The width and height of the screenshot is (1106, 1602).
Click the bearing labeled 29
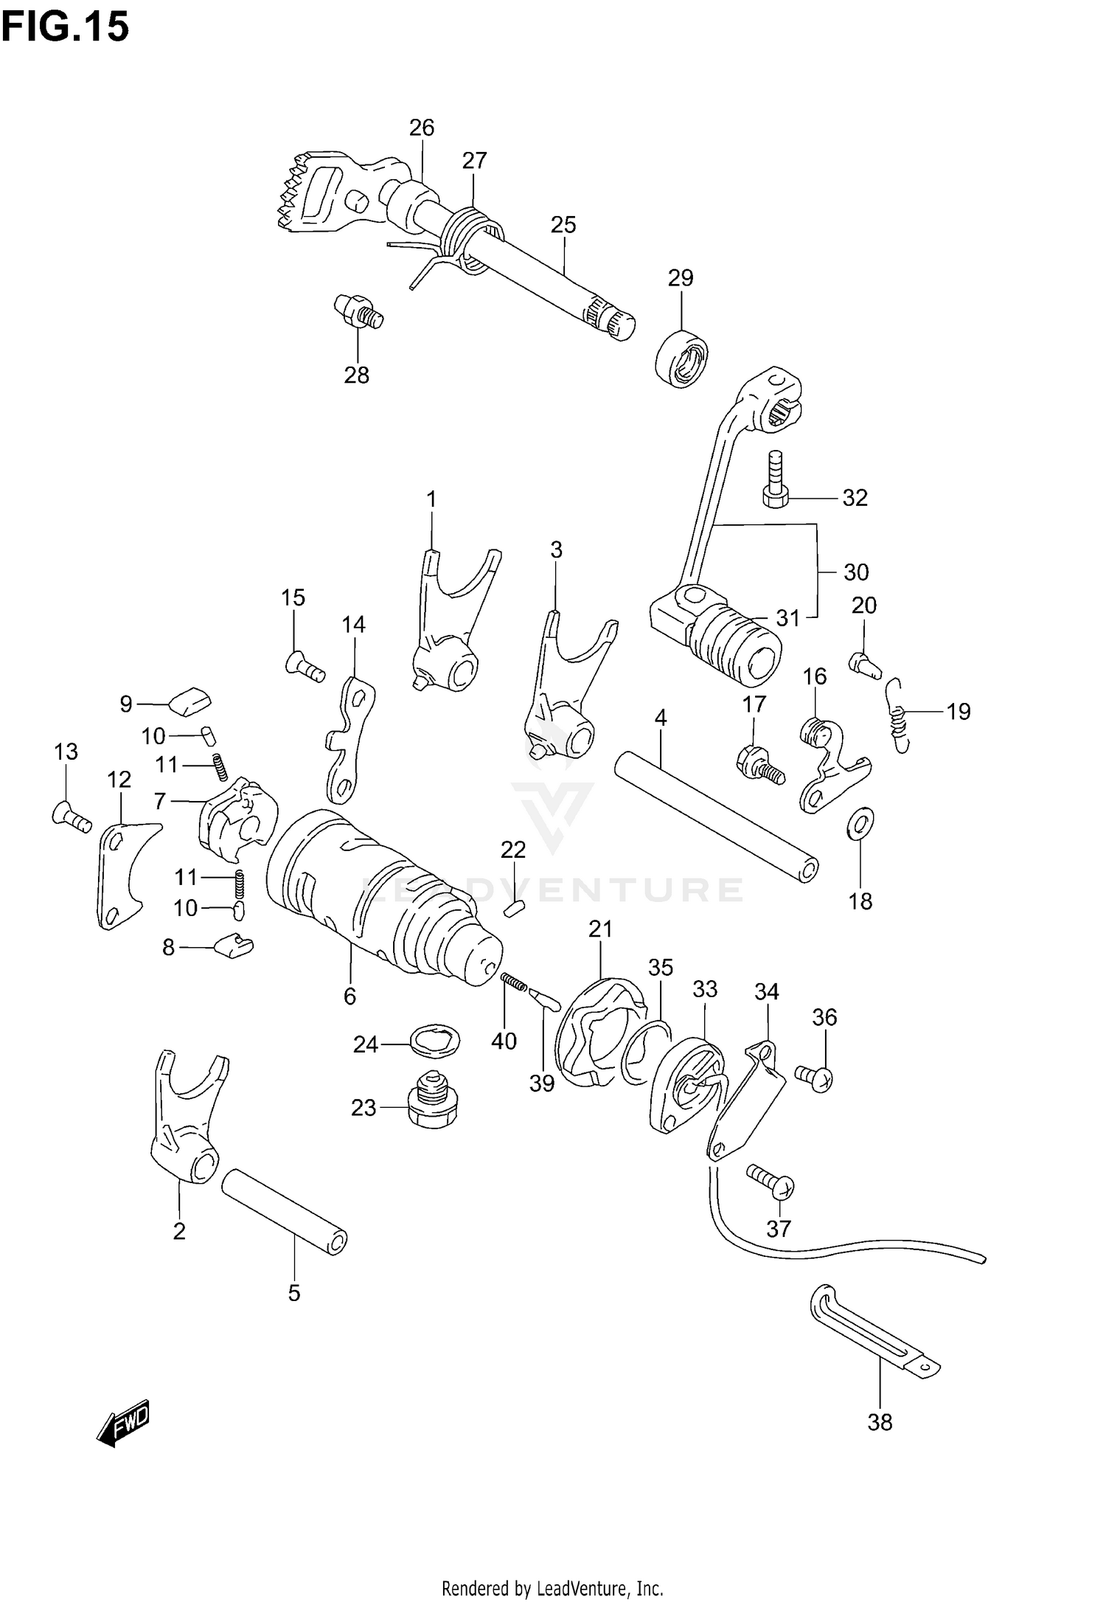(x=681, y=358)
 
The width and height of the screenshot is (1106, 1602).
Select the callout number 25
(x=563, y=225)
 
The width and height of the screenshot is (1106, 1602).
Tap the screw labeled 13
(x=72, y=816)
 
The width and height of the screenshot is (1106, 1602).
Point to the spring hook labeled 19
(x=897, y=715)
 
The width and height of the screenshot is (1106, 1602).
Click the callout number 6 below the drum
(x=349, y=996)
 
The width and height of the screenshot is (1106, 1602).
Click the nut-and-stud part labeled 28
(x=358, y=311)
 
